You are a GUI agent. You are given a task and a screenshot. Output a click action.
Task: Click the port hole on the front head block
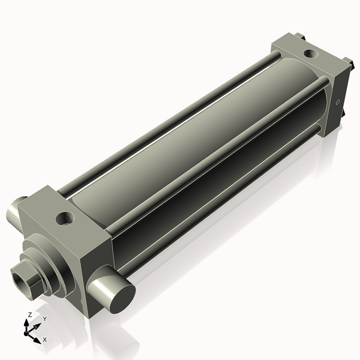(65, 218)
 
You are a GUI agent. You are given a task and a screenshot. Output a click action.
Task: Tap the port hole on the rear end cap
(311, 53)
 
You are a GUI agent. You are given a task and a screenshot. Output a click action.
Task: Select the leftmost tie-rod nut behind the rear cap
(299, 37)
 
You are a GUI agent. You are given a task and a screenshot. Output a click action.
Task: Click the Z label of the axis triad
(30, 314)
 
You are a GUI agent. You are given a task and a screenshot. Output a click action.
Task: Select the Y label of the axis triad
(44, 319)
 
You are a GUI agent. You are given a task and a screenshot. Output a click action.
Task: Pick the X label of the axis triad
(44, 340)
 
